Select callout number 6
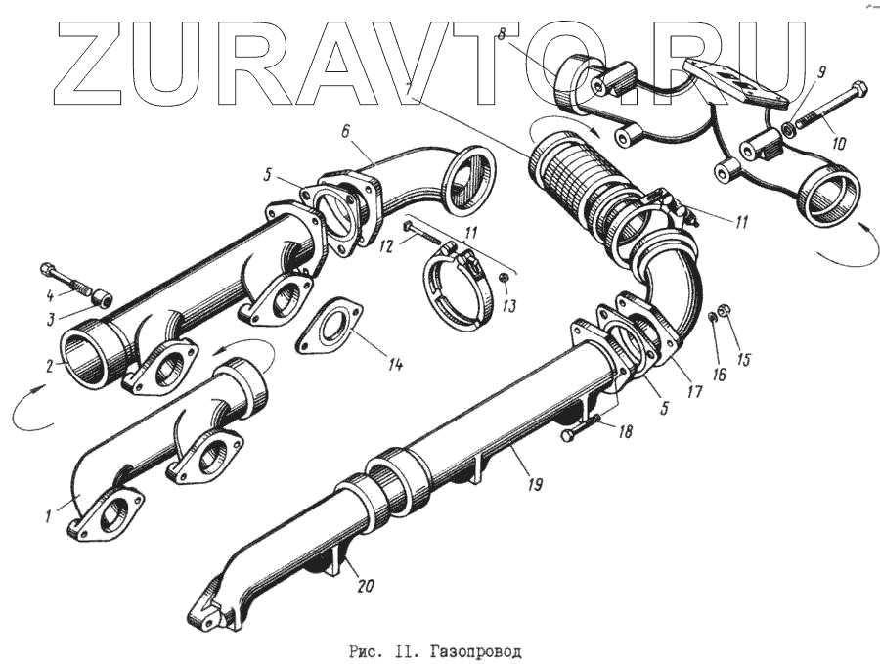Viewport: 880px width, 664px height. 345,130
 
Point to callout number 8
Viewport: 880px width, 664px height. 501,35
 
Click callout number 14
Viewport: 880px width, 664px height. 394,365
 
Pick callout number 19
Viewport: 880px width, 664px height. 536,483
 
